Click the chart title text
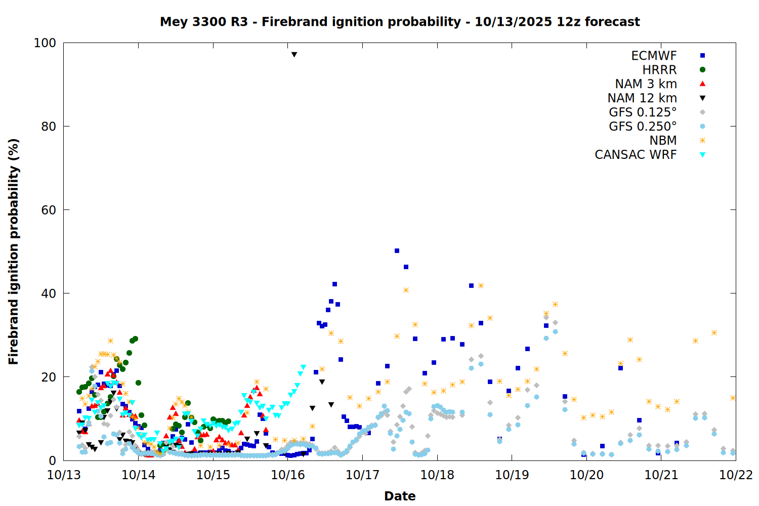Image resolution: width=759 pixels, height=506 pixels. pyautogui.click(x=400, y=22)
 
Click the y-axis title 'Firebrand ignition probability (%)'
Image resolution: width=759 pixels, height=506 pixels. pyautogui.click(x=14, y=251)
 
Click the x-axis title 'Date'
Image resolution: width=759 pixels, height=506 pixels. pyautogui.click(x=400, y=496)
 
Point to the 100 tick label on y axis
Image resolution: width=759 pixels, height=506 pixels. pyautogui.click(x=45, y=43)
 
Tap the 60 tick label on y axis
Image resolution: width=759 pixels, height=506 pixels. pyautogui.click(x=48, y=210)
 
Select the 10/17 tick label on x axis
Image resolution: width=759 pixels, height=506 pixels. pyautogui.click(x=362, y=475)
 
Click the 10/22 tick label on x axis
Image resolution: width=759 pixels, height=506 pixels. pyautogui.click(x=736, y=475)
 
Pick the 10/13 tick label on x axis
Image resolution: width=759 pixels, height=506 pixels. pyautogui.click(x=64, y=475)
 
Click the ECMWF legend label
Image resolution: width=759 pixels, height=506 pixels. pyautogui.click(x=654, y=56)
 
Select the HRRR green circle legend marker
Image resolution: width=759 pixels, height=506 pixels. pyautogui.click(x=702, y=70)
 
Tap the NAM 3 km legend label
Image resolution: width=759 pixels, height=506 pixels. pyautogui.click(x=646, y=84)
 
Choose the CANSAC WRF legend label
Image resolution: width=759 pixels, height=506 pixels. pyautogui.click(x=636, y=155)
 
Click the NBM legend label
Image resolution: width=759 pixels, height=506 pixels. pyautogui.click(x=663, y=141)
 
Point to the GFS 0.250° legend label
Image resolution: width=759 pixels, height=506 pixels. pyautogui.click(x=643, y=126)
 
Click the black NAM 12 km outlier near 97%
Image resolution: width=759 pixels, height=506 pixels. pyautogui.click(x=294, y=54)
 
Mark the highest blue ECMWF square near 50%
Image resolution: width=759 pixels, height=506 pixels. pyautogui.click(x=397, y=251)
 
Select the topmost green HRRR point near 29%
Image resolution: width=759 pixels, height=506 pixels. pyautogui.click(x=135, y=339)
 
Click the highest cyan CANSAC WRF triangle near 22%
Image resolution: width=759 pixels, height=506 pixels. pyautogui.click(x=303, y=367)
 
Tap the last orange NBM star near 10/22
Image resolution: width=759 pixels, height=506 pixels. pyautogui.click(x=733, y=398)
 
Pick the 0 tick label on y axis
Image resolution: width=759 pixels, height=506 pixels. pyautogui.click(x=52, y=460)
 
